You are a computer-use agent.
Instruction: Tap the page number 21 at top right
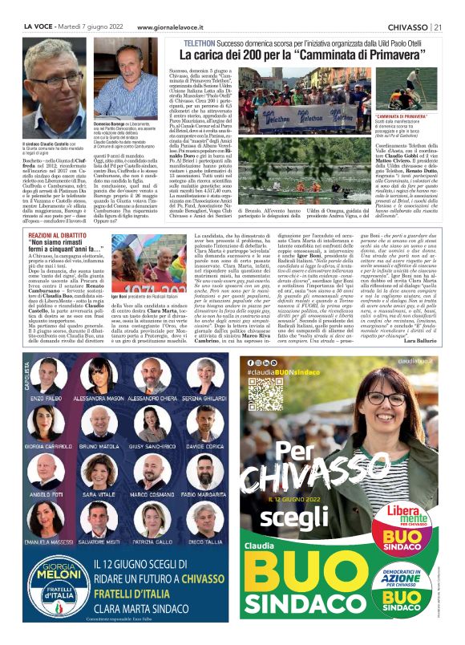click(439, 27)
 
